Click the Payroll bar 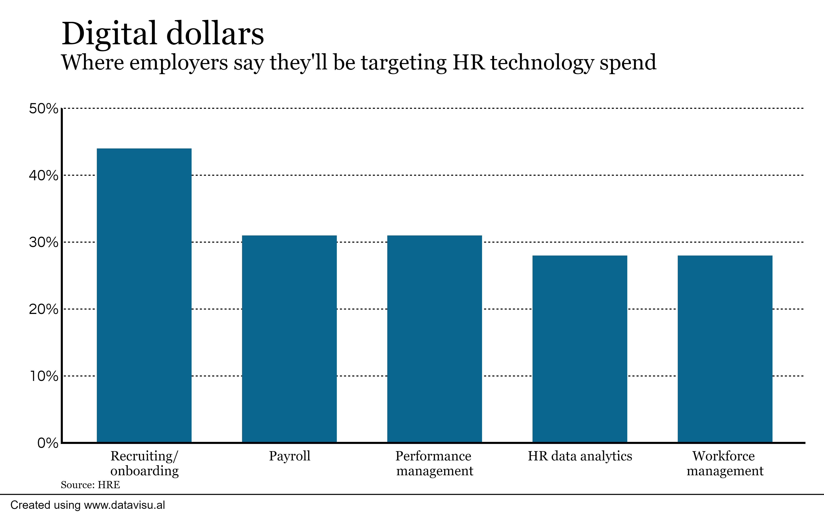click(x=289, y=339)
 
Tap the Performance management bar click(x=434, y=339)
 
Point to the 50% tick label click(x=43, y=109)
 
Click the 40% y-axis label click(x=43, y=176)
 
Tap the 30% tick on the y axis click(x=43, y=242)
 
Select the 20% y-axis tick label click(x=43, y=309)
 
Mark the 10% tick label click(x=44, y=376)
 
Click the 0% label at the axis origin click(x=48, y=443)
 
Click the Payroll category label click(x=289, y=456)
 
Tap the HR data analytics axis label click(x=579, y=456)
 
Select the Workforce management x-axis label click(x=725, y=463)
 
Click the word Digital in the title click(x=109, y=34)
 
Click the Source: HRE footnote click(x=90, y=485)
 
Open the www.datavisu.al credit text click(x=124, y=505)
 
